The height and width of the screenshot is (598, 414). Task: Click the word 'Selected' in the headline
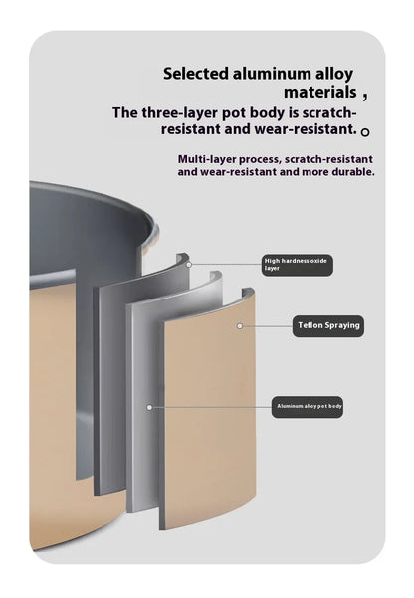click(x=196, y=74)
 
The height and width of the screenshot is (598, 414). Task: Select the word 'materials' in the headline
click(x=320, y=92)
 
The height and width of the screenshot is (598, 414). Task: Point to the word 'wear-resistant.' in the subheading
click(x=306, y=129)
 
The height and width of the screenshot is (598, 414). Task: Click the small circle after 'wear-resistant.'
click(x=365, y=132)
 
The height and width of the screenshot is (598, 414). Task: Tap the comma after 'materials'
click(x=365, y=97)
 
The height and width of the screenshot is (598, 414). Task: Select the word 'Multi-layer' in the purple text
click(x=207, y=159)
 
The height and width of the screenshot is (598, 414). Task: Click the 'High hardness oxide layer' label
click(x=298, y=265)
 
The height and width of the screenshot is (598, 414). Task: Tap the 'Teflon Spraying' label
click(x=328, y=326)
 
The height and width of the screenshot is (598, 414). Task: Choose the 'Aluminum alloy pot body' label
click(x=308, y=407)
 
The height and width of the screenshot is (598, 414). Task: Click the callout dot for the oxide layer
click(x=188, y=265)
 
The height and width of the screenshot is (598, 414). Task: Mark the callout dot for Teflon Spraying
click(x=240, y=326)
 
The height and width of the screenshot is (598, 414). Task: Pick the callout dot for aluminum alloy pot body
click(x=149, y=407)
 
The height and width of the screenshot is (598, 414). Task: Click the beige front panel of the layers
click(x=208, y=412)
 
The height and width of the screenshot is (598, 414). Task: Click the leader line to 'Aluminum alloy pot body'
click(x=212, y=407)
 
